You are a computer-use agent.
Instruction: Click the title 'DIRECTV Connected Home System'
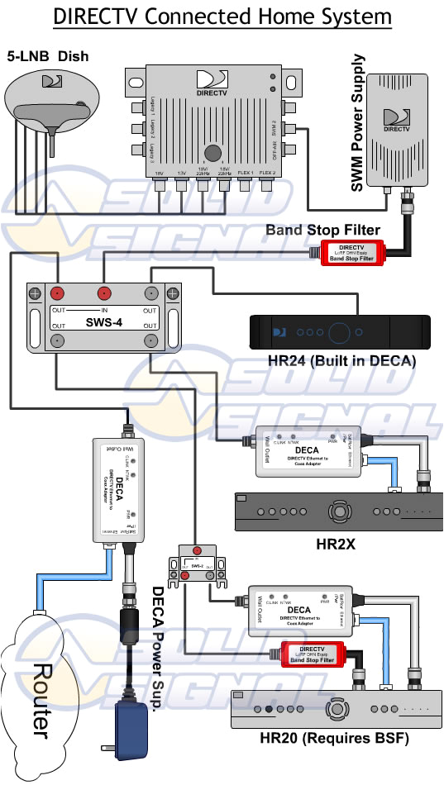pos(222,17)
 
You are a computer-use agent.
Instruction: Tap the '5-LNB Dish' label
pos(49,57)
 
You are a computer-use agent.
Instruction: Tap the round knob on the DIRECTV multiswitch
pos(214,153)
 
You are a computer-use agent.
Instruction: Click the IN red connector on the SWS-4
pos(104,293)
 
